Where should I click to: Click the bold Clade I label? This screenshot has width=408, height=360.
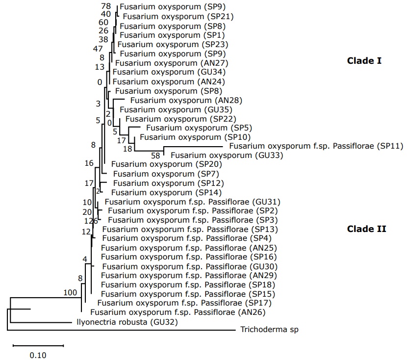tap(364, 61)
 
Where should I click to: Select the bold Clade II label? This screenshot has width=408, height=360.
tap(366, 229)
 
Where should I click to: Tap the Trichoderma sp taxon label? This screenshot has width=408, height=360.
tap(269, 330)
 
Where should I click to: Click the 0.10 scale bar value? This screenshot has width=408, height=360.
tap(38, 356)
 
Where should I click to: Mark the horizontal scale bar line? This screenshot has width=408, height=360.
tap(38, 345)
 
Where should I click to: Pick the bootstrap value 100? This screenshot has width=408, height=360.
tap(70, 293)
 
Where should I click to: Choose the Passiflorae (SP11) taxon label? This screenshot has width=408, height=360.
tap(316, 146)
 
